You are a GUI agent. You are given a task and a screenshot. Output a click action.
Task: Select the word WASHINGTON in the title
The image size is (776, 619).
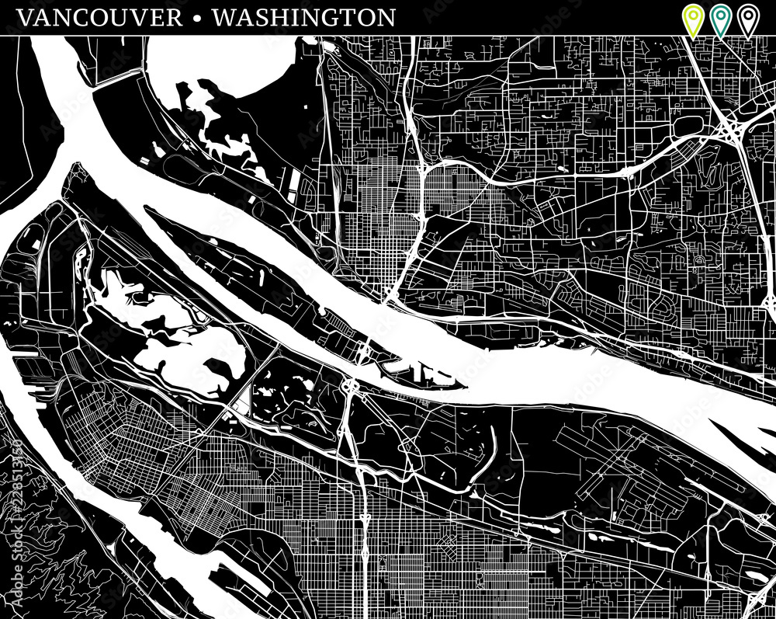coord(303,17)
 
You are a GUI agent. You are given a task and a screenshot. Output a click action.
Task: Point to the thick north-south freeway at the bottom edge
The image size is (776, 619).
coord(364,575)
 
